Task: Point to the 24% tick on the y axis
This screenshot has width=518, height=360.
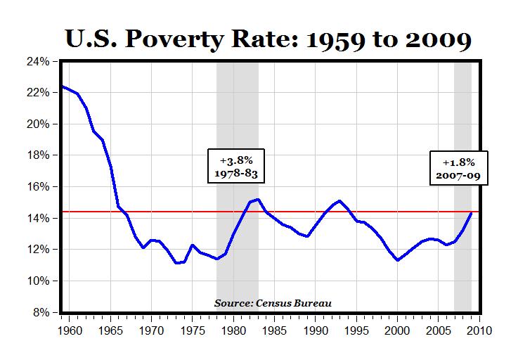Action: tap(39, 61)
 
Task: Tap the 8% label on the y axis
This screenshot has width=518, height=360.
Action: tap(41, 312)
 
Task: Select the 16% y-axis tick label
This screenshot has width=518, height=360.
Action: tap(39, 187)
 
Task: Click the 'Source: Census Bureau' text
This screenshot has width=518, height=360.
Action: tap(273, 304)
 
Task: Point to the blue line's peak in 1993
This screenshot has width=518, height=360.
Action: tap(340, 201)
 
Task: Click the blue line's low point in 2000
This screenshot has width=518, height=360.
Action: tap(398, 260)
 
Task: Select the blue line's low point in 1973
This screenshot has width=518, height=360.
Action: tap(177, 263)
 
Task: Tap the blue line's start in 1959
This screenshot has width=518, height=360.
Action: tap(62, 86)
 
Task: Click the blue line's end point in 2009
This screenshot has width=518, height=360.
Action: tap(471, 213)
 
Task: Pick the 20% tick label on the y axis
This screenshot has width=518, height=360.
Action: tap(39, 124)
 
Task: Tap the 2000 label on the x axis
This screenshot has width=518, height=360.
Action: tap(398, 328)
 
